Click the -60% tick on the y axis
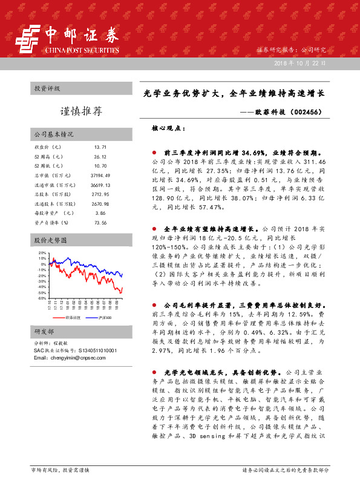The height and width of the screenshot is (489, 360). click(x=42, y=298)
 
